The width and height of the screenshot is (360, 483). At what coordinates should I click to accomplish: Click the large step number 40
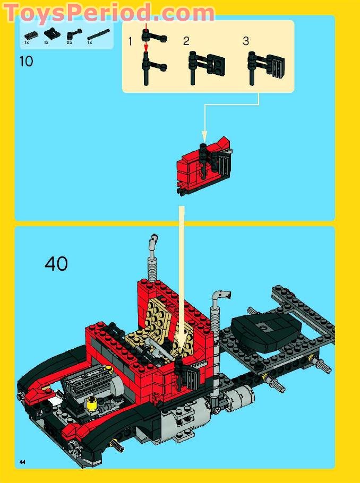coord(56,263)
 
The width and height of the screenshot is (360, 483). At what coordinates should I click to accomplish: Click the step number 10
coord(25,61)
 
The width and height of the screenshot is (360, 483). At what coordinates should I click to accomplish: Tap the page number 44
coord(22,462)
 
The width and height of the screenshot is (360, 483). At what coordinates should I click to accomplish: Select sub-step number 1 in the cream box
coord(130,41)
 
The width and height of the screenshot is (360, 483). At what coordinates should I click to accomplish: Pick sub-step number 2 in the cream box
coord(186,41)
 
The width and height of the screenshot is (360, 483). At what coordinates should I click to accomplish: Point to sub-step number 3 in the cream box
coord(246,41)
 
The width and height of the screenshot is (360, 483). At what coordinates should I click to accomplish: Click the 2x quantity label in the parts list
coord(70,42)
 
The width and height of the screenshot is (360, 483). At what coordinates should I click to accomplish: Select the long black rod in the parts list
coord(97,35)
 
